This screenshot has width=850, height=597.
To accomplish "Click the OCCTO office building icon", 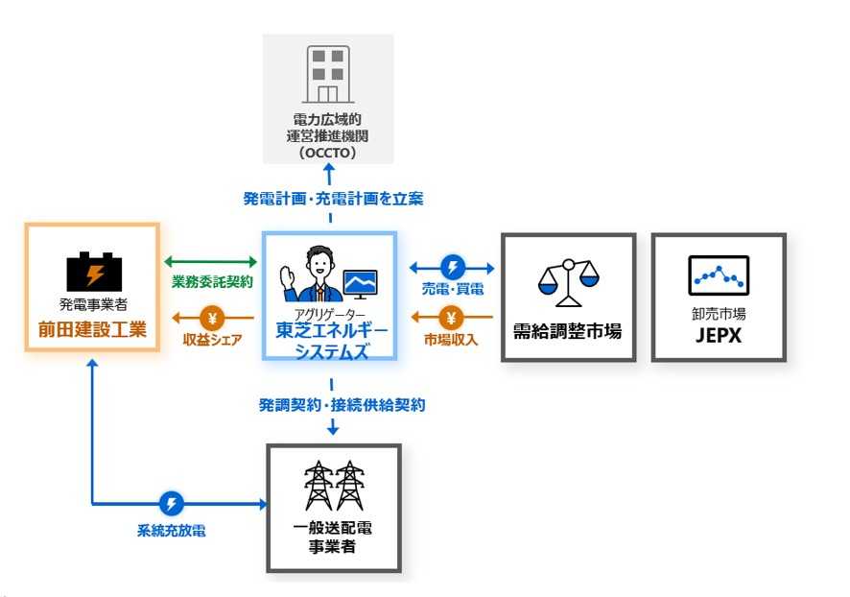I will (x=328, y=74).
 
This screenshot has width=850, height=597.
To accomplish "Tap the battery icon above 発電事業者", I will (x=93, y=272).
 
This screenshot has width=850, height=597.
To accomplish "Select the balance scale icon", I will (x=568, y=279).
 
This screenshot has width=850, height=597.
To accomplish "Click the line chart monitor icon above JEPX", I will (x=719, y=276).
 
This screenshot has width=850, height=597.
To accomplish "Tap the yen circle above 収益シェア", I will (x=213, y=317).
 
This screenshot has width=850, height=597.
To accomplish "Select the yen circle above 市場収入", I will (x=452, y=317).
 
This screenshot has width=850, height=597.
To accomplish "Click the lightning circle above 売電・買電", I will (x=452, y=267).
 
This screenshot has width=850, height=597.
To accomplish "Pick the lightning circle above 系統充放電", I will (x=171, y=503).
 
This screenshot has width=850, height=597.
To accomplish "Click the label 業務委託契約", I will (x=212, y=282).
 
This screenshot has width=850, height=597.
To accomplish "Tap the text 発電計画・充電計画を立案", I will (x=332, y=200).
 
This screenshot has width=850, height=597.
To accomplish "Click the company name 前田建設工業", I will (x=92, y=330).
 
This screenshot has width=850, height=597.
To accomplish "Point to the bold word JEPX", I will (x=719, y=337).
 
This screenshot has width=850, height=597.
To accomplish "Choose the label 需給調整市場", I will (x=568, y=331).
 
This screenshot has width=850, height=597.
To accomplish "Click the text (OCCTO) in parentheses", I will (x=328, y=153).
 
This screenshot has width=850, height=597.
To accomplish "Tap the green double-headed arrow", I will (x=212, y=261).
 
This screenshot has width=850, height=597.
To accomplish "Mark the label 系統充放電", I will (x=171, y=529).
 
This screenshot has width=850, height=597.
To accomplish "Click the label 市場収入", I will (x=453, y=338).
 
